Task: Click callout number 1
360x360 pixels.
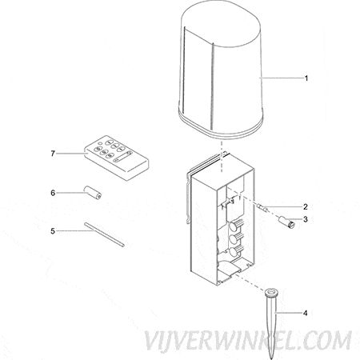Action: click(306, 78)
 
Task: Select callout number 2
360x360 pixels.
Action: click(306, 207)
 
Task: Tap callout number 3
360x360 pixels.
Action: click(306, 219)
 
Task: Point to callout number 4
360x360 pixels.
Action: click(305, 313)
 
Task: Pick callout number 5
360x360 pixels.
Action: click(53, 231)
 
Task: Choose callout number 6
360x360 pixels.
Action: click(53, 193)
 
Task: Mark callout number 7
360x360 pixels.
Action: click(53, 154)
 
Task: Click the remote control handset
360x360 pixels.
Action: click(117, 158)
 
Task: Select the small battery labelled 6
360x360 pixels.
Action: click(93, 193)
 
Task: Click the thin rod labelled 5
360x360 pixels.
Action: click(104, 234)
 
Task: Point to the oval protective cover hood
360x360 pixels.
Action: click(221, 71)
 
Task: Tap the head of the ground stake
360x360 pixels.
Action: click(272, 292)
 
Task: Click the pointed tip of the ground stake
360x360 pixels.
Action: click(271, 358)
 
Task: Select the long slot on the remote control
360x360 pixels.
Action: click(122, 157)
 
